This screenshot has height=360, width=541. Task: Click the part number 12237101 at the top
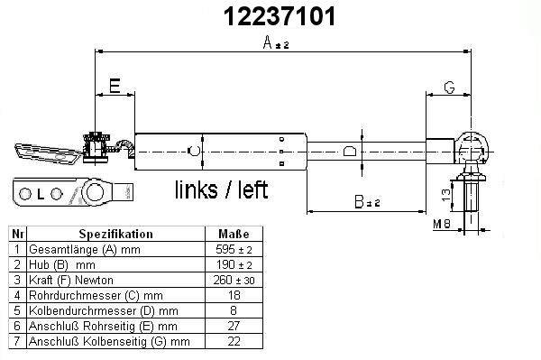tap(280, 16)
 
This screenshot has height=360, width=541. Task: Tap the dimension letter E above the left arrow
tap(115, 86)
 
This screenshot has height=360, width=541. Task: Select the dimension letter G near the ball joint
tap(449, 88)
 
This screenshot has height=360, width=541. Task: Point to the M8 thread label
tap(442, 225)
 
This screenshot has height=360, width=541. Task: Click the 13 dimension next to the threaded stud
tap(445, 196)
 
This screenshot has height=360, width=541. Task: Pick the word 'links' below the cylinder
tap(197, 189)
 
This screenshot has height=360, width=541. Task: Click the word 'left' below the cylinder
tap(252, 189)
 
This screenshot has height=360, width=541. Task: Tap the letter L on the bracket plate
tap(41, 195)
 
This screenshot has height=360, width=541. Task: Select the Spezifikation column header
tap(116, 234)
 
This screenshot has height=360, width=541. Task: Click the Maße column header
tap(234, 234)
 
